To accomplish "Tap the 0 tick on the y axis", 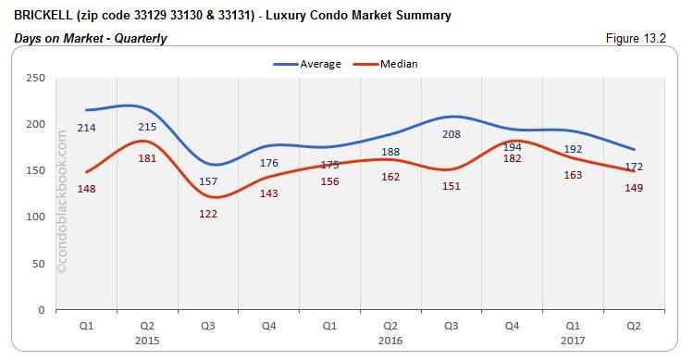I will (x=42, y=310).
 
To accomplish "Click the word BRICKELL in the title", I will (x=43, y=15).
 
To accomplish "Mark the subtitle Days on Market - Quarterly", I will (x=91, y=38).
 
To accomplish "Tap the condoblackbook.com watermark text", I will (x=63, y=199).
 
